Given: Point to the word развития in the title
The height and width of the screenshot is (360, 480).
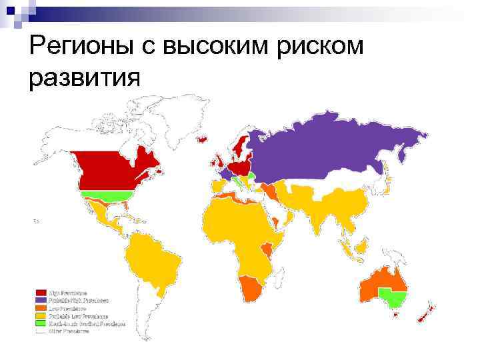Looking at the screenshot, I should point(85,77).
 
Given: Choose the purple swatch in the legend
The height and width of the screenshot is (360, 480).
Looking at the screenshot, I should point(41,301).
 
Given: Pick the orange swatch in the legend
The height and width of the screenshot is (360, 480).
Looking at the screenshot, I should point(41,309).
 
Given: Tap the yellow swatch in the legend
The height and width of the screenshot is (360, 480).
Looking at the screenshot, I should point(41,317).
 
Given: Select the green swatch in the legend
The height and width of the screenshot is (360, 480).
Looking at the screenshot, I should point(41,324).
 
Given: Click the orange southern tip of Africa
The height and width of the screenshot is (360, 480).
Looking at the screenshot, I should point(251,288).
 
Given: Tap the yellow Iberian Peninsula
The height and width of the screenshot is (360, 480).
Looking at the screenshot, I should point(219,185).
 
